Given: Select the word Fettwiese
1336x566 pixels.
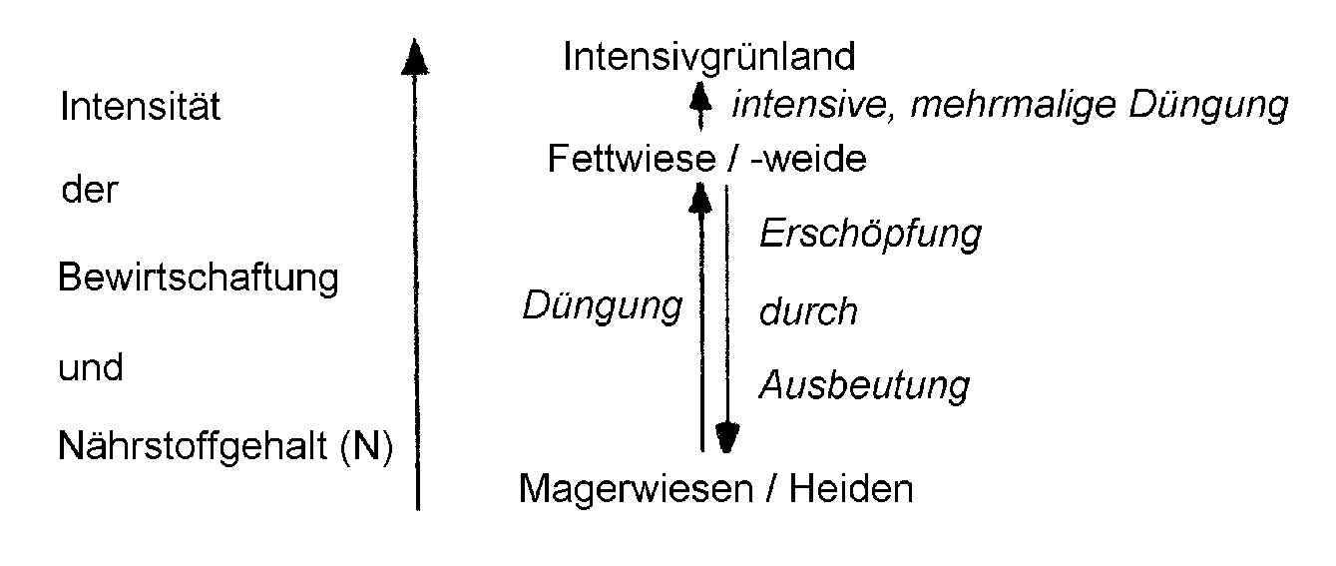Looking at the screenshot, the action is coord(631,159).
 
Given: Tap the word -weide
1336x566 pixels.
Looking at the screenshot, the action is coord(808,159).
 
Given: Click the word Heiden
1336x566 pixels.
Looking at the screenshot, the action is coord(851,488).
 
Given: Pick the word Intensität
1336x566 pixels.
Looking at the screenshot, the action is coord(140,106).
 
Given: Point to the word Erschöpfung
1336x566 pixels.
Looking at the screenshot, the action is coord(870,234).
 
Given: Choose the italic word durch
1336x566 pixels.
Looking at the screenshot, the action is coord(808,310).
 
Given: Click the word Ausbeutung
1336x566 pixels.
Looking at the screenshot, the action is coord(864,386).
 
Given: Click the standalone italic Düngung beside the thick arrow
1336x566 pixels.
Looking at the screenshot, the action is coord(603,307).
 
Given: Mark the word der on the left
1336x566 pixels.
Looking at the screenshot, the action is coord(90,191).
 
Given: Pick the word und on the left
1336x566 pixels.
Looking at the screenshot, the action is coord(91,366).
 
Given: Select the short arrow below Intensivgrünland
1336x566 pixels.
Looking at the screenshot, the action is coord(700,107).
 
